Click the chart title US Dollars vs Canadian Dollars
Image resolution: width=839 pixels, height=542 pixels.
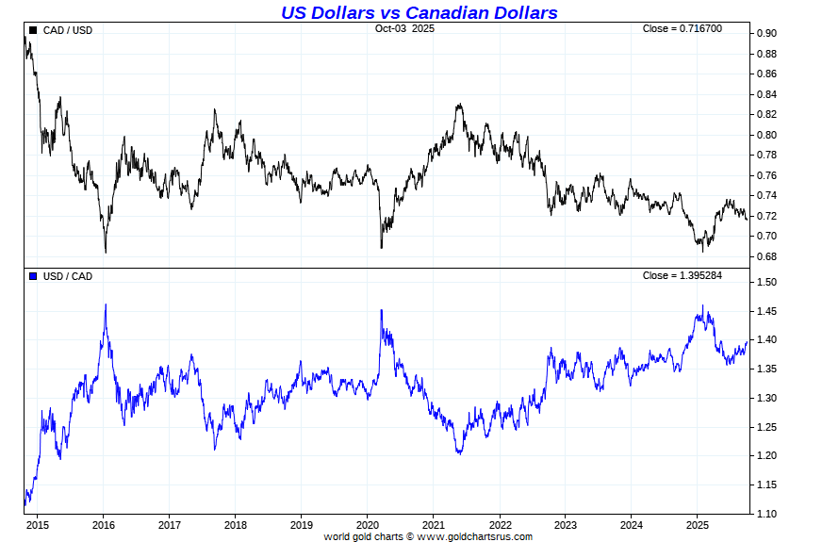pyautogui.click(x=419, y=12)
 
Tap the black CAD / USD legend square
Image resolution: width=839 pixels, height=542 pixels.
pyautogui.click(x=33, y=30)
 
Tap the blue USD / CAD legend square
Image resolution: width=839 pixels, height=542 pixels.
pyautogui.click(x=33, y=276)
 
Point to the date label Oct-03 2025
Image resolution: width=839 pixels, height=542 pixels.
pyautogui.click(x=404, y=28)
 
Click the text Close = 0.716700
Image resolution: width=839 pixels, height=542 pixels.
pyautogui.click(x=683, y=28)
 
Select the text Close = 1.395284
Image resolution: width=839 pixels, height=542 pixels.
pyautogui.click(x=683, y=274)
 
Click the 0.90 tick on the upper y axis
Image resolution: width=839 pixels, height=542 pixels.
pyautogui.click(x=765, y=34)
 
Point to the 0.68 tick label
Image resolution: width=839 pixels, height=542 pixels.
pyautogui.click(x=765, y=256)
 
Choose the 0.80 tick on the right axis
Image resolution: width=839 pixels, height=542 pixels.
pyautogui.click(x=765, y=135)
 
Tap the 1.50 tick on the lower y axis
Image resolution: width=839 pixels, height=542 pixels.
pyautogui.click(x=765, y=283)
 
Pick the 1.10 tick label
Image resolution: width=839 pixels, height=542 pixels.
pyautogui.click(x=765, y=514)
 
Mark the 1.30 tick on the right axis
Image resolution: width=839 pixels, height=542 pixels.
pyautogui.click(x=765, y=398)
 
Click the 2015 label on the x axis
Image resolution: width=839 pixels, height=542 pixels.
pyautogui.click(x=38, y=525)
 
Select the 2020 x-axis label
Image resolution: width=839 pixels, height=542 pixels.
pyautogui.click(x=368, y=525)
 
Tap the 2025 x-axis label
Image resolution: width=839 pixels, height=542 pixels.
pyautogui.click(x=697, y=525)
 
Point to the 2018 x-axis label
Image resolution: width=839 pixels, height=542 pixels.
pyautogui.click(x=236, y=525)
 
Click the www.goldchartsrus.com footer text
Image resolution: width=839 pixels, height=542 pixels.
pyautogui.click(x=474, y=536)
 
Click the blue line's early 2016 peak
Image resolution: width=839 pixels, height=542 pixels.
pyautogui.click(x=106, y=304)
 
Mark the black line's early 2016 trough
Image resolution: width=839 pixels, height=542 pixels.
pyautogui.click(x=106, y=252)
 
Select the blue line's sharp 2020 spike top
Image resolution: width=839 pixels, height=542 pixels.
pyautogui.click(x=381, y=310)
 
